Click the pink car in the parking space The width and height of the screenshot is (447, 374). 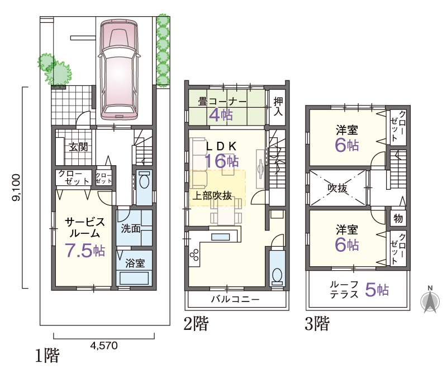click(120, 70)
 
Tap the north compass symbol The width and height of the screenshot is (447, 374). click(430, 300)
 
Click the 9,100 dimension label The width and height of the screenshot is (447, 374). click(16, 188)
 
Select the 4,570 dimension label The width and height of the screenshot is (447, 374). click(104, 346)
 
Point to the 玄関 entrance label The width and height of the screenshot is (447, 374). click(78, 147)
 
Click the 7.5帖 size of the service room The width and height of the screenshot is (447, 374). click(85, 251)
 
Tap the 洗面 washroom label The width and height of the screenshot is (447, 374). click(131, 228)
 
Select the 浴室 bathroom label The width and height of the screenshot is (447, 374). click(135, 263)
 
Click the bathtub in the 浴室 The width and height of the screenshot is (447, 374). click(134, 278)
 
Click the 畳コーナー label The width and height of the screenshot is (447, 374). click(222, 102)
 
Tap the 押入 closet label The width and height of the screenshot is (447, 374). click(278, 106)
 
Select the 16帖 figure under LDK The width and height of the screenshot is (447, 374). click(222, 161)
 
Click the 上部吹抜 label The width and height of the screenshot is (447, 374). click(212, 196)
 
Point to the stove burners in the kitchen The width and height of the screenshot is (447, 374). click(194, 255)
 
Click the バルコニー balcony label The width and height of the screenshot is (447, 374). click(235, 299)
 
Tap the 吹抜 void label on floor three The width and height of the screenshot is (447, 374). click(337, 188)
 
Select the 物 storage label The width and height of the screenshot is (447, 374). click(398, 218)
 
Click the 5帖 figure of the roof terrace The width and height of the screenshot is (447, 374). click(377, 290)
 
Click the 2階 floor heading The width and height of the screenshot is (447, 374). click(196, 323)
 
